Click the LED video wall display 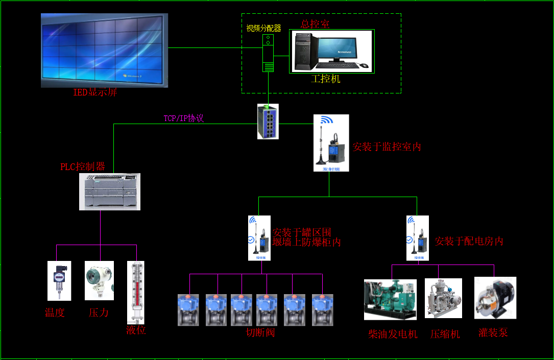coord(104,50)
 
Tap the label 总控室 coord(315,24)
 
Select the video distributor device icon coord(268,53)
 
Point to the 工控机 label coord(325,79)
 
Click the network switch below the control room coord(268,122)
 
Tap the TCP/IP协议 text coord(184,118)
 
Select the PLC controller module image coord(110,191)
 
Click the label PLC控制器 coord(83,166)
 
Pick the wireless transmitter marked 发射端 coord(331,143)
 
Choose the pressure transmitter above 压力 coord(99,281)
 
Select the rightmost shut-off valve coord(322,310)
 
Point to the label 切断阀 coord(260,333)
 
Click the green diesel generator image coord(390,300)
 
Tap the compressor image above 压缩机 coord(443,298)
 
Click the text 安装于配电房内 coord(469,241)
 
